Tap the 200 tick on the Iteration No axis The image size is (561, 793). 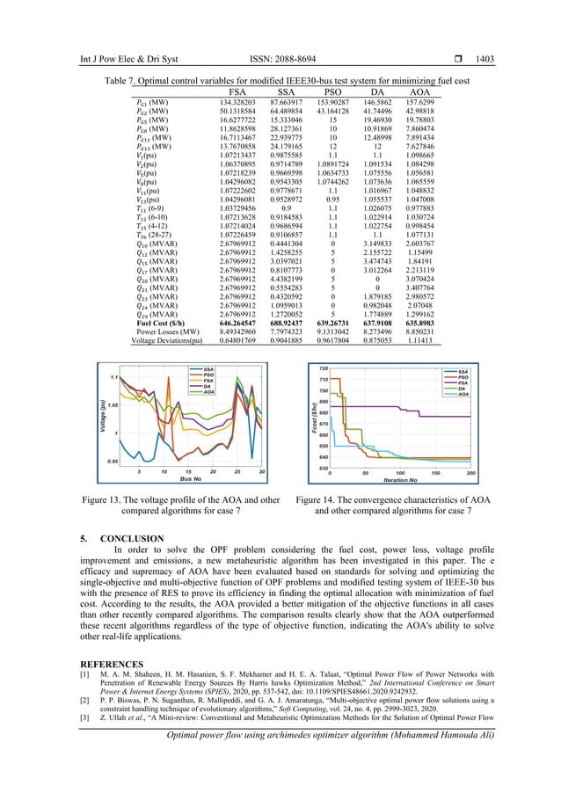pos(470,472)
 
